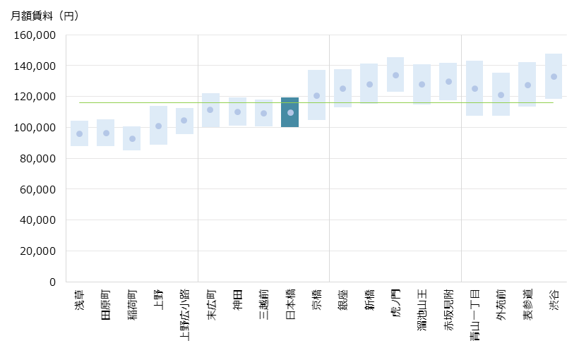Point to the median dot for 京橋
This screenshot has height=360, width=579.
316,96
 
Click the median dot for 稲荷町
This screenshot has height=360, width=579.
132,139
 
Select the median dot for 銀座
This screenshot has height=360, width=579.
343,89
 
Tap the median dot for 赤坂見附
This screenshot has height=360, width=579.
448,82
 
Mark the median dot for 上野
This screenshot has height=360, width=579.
158,126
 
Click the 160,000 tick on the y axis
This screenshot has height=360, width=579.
35,35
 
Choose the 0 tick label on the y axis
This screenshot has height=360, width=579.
52,282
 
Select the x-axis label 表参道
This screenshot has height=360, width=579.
527,305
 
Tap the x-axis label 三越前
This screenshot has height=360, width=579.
263,305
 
